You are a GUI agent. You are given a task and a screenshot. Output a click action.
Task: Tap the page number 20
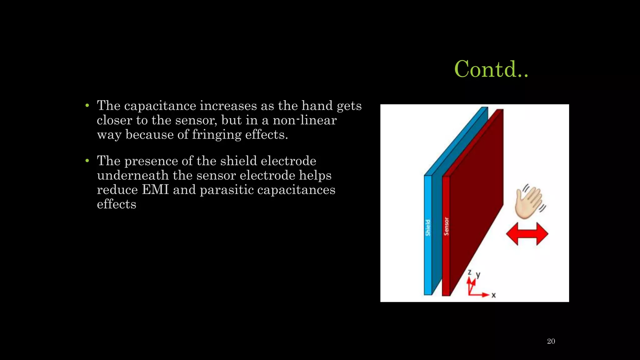551,341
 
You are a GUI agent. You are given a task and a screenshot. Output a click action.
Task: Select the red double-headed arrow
527,234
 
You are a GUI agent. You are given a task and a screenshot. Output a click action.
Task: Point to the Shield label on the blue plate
428,227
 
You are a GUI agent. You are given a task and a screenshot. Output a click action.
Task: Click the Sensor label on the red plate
446,226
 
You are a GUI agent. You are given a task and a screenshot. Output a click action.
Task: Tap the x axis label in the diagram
493,295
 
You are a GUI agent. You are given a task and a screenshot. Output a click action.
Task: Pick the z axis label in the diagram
469,272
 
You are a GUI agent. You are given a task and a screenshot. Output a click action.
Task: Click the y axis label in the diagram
478,275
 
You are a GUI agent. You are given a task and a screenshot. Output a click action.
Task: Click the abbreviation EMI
155,190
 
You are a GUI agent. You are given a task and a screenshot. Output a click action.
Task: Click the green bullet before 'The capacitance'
87,106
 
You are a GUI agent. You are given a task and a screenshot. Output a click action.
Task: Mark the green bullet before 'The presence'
87,161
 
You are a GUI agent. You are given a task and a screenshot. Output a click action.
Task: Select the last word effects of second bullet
117,204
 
